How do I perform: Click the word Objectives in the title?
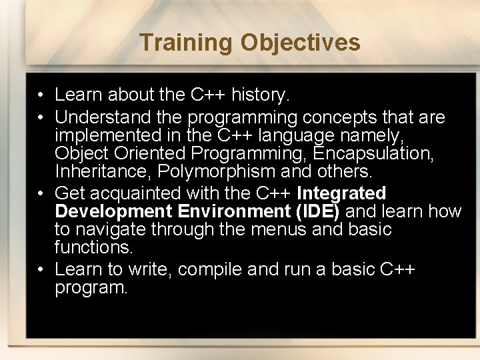pos(300,43)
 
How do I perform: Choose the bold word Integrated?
pos(341,193)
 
